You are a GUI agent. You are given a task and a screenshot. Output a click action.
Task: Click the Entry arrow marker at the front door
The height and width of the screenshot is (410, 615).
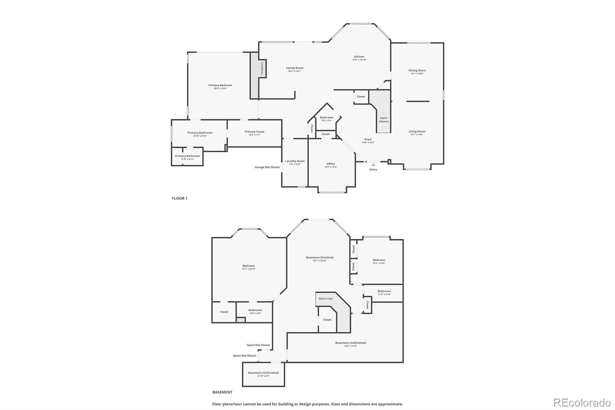[x=373, y=165]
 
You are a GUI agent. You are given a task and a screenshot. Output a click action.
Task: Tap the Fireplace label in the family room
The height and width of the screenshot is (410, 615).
[x=262, y=68]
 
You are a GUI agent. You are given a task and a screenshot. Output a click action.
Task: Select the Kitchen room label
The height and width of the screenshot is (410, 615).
[x=359, y=57]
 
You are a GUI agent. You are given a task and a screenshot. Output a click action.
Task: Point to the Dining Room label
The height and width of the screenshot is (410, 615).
[x=417, y=71]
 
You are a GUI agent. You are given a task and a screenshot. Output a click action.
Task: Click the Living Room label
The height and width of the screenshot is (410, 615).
[x=417, y=132]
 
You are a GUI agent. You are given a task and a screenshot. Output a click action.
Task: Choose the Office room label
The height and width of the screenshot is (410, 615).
[x=331, y=164]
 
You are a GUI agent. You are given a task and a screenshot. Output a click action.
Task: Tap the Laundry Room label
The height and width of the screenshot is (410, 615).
[x=295, y=162]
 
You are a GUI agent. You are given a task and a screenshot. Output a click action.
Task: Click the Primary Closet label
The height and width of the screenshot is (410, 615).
[x=254, y=132]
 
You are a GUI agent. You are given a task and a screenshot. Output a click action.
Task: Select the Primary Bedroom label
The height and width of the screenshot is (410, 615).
[x=220, y=85]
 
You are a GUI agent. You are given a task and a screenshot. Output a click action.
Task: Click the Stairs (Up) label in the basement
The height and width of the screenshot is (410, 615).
[x=326, y=298]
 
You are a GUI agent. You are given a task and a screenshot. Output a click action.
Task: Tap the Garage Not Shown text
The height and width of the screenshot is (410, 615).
[x=267, y=167]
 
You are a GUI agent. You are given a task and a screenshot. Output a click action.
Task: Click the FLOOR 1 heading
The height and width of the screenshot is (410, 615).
[x=180, y=198]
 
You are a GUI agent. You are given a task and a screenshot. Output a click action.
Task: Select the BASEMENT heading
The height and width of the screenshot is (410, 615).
[x=222, y=392]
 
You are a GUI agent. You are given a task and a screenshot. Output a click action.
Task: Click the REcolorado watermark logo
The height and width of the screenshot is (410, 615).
[x=582, y=403]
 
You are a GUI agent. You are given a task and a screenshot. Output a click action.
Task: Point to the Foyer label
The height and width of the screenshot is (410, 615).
[x=368, y=140]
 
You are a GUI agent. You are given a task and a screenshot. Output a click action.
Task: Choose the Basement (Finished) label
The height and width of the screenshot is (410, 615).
[x=320, y=258]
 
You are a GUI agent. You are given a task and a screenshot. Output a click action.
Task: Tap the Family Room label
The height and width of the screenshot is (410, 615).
[x=294, y=68]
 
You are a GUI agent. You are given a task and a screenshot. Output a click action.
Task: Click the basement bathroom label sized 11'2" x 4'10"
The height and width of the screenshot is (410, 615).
[x=384, y=292]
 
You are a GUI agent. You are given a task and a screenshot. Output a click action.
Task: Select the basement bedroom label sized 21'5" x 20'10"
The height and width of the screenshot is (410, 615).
[x=249, y=266]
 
